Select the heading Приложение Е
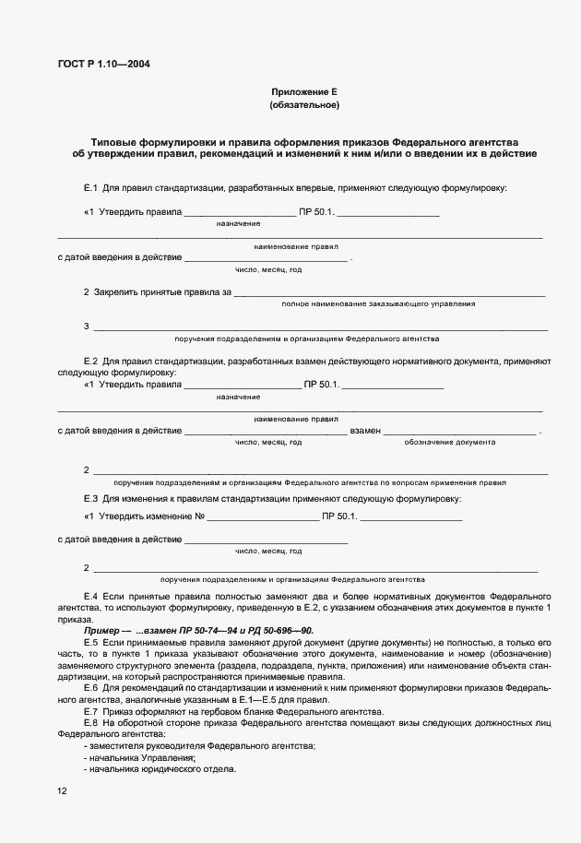point(304,91)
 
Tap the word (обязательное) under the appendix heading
point(304,105)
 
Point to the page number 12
point(61,790)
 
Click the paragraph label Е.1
point(90,188)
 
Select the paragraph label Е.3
point(90,499)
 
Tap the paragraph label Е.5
point(90,641)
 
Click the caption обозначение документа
point(450,443)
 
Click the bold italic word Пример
point(101,629)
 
